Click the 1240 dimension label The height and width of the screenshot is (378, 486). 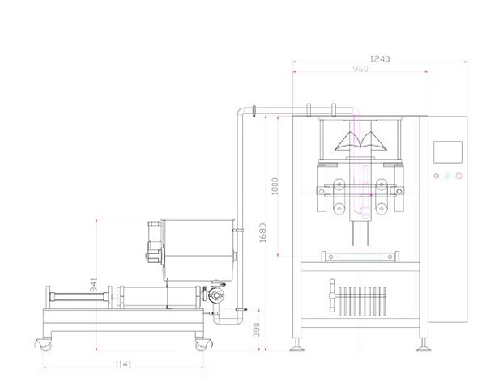380,58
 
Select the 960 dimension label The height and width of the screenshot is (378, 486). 360,69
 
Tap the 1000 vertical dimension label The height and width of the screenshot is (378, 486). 275,186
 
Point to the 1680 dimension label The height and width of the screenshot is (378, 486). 262,232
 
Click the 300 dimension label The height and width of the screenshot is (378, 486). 256,329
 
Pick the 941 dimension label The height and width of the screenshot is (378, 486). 94,285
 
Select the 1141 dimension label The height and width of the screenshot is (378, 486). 123,364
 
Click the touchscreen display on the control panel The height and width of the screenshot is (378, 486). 448,151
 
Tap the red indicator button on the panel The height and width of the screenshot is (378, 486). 459,176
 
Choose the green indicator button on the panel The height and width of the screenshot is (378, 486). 448,176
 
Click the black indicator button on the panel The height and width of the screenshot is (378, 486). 437,176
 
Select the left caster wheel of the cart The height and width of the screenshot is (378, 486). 44,344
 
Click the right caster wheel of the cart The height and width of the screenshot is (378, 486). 203,344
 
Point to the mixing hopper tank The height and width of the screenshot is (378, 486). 198,250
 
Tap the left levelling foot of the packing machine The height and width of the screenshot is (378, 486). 296,345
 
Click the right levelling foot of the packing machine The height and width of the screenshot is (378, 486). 424,345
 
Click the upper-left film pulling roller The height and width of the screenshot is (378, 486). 339,185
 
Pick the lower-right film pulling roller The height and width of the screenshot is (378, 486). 381,209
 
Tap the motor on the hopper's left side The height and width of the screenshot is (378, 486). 154,242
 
